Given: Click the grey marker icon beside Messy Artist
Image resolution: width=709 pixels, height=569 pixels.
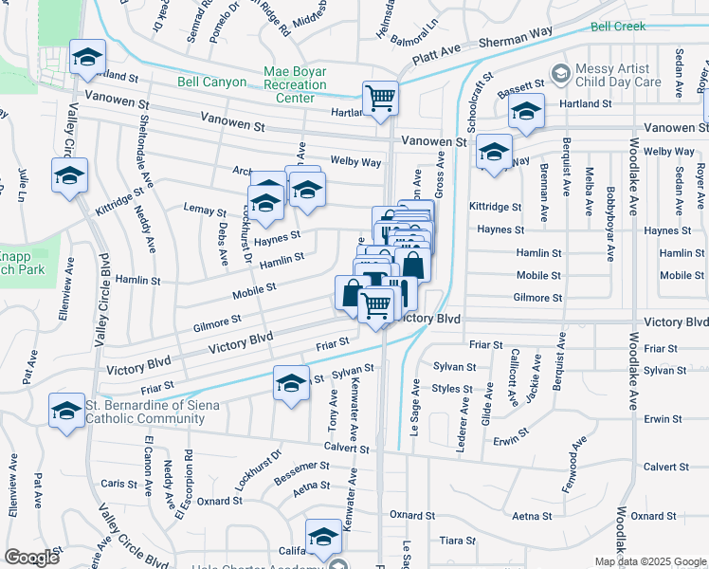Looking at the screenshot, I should (560, 72).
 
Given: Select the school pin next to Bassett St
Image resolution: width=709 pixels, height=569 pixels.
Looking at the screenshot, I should (526, 113).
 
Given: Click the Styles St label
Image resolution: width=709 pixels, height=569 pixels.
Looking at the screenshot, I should (452, 389).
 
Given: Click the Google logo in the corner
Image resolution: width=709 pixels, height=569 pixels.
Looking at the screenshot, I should (31, 558).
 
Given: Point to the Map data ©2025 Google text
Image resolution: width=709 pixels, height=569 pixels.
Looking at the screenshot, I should (649, 561).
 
